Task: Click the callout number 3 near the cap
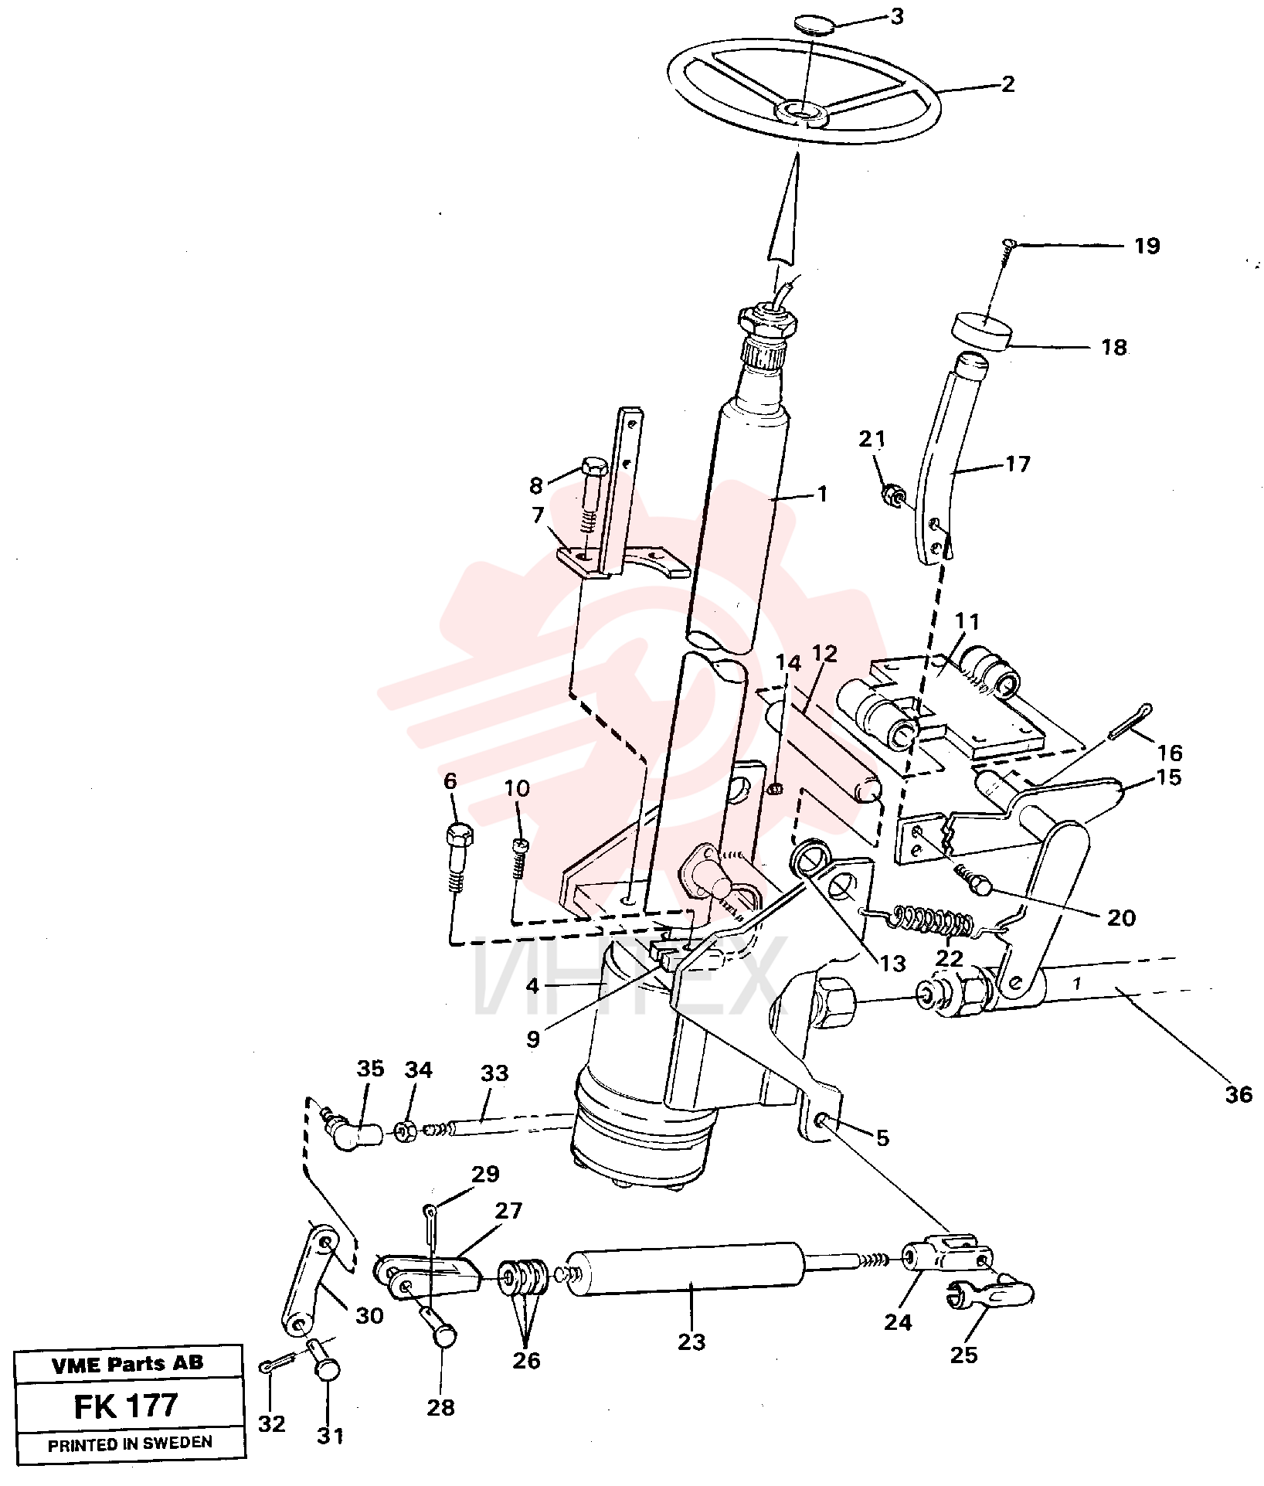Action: coord(896,16)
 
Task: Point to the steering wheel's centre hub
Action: coord(803,114)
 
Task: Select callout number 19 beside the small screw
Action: coord(1147,246)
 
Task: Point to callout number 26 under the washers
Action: coord(526,1359)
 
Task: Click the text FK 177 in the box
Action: coord(125,1405)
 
